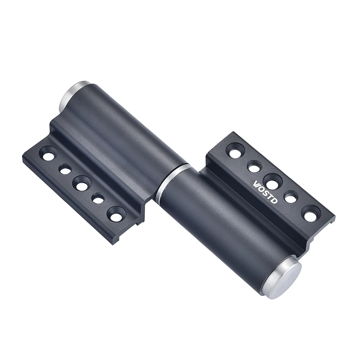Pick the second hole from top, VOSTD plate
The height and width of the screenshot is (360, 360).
coord(254,167)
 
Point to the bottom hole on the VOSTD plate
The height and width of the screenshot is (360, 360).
coord(310,215)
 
